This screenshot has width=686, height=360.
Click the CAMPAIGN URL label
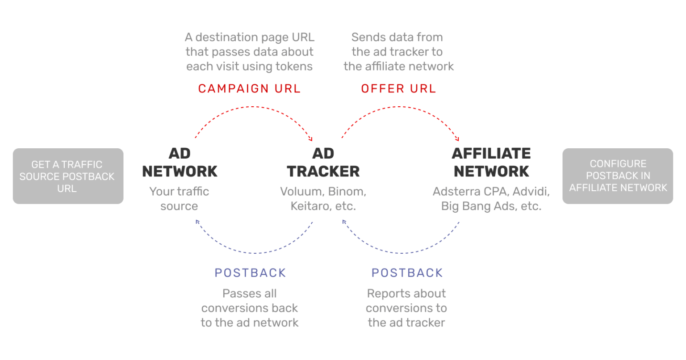[249, 88]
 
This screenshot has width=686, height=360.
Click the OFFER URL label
[398, 88]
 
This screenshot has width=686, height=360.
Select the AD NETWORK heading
[180, 162]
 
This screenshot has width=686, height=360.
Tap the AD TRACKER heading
[323, 162]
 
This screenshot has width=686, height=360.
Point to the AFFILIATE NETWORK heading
[491, 162]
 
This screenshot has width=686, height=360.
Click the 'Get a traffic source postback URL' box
[68, 176]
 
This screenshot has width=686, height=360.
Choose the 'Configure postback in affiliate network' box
[618, 176]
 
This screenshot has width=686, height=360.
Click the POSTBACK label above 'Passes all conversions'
[250, 272]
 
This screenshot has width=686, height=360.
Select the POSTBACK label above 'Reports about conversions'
[407, 272]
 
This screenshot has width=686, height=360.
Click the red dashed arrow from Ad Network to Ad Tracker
[253, 107]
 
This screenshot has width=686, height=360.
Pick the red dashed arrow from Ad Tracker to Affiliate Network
[399, 107]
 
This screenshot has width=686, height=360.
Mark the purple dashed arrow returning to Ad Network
[255, 253]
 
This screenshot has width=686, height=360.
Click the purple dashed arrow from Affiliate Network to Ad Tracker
[401, 253]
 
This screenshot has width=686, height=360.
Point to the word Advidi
[531, 192]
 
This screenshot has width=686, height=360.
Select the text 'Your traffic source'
[179, 199]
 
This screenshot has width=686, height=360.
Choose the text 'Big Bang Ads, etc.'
[491, 206]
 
